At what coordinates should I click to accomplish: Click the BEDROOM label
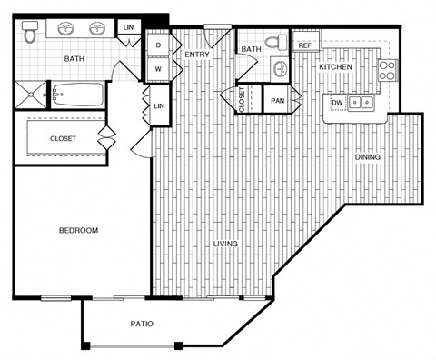[78, 231]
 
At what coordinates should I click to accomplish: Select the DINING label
[368, 157]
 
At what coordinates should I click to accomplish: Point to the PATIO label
[140, 324]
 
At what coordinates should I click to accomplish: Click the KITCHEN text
[335, 67]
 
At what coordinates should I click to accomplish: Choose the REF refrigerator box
[304, 45]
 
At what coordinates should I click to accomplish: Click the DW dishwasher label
[336, 103]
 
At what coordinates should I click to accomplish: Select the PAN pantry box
[277, 100]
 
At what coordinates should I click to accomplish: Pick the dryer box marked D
[158, 45]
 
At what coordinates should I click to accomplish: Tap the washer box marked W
[158, 68]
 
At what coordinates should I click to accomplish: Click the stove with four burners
[387, 71]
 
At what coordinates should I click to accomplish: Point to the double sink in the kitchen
[362, 103]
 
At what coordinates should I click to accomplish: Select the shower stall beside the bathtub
[28, 94]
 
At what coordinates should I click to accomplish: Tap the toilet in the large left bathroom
[30, 34]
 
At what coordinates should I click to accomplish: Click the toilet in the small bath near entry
[280, 65]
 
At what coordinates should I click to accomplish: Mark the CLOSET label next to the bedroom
[56, 139]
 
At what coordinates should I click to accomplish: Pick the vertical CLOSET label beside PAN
[242, 100]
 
